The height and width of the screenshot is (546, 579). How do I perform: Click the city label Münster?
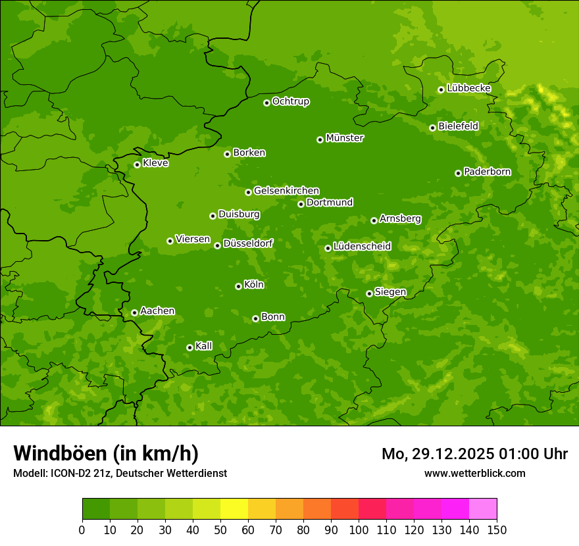click(x=345, y=138)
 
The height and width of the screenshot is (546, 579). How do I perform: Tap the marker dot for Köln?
click(x=238, y=286)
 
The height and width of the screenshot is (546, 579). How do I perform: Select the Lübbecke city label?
click(x=468, y=88)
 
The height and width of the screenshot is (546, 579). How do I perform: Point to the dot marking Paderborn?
click(x=458, y=173)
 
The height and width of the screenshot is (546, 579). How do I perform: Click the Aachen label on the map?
click(x=157, y=311)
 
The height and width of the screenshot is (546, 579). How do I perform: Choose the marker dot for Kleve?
click(x=137, y=164)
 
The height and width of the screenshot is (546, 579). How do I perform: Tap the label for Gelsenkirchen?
click(x=286, y=191)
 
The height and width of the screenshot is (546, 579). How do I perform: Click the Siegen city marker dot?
click(x=369, y=293)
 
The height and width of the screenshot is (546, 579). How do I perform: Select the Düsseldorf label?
click(x=248, y=243)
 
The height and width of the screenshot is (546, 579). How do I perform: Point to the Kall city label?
click(x=204, y=346)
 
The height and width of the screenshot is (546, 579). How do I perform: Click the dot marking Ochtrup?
click(x=266, y=103)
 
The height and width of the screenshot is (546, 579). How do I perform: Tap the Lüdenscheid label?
click(x=362, y=247)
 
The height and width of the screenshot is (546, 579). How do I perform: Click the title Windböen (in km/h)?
click(x=106, y=453)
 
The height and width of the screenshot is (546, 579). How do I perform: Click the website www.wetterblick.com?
click(x=474, y=473)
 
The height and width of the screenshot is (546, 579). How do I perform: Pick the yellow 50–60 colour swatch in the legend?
click(x=234, y=509)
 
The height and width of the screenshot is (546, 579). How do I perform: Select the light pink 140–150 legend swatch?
click(x=483, y=509)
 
